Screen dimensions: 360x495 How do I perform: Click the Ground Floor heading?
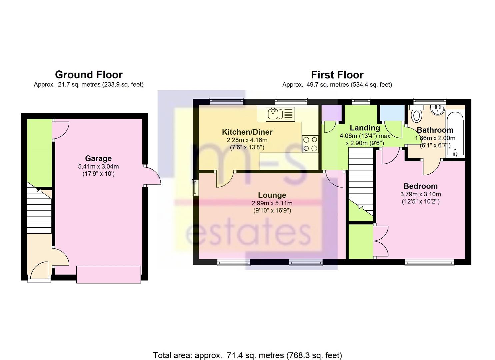89,74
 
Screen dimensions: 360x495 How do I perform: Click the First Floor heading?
337,75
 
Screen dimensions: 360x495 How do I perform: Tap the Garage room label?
98,158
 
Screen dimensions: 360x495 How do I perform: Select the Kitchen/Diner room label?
247,132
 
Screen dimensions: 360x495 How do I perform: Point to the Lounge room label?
272,195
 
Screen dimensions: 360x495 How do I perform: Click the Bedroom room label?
420,186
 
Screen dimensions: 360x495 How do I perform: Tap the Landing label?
365,128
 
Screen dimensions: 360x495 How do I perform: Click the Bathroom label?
435,130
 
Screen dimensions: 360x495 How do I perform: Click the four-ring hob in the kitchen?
310,144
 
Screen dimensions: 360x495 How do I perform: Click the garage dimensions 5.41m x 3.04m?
98,166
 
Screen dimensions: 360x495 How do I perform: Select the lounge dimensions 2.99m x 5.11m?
272,203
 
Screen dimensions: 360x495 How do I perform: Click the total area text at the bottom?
247,355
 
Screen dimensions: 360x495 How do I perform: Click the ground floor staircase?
39,210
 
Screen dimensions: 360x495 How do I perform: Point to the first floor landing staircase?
361,182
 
